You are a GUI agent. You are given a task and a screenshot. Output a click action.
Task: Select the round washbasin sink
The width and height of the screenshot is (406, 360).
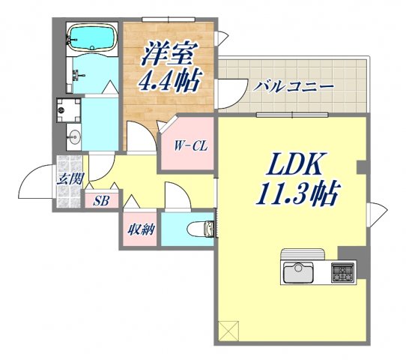click(x=73, y=138)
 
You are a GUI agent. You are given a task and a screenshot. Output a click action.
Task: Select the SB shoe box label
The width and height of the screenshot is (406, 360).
click(x=100, y=200)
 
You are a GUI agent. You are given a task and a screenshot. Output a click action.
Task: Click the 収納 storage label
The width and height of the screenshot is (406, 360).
click(x=140, y=229)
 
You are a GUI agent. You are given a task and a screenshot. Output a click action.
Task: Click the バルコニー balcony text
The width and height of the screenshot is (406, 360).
click(x=293, y=86)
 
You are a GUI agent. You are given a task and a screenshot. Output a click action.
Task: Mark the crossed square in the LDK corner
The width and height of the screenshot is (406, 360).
click(x=227, y=330)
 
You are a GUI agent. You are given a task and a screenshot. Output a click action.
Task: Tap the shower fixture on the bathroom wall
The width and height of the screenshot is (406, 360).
click(x=77, y=72)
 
